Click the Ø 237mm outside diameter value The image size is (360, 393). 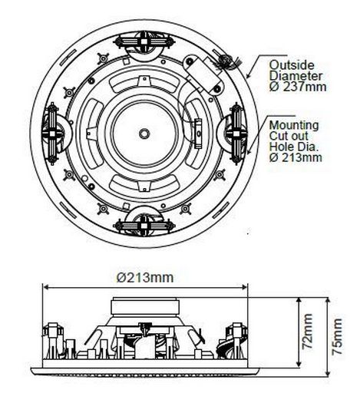(x=298, y=87)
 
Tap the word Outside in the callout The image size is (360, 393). (x=292, y=64)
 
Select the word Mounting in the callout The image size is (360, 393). (x=294, y=126)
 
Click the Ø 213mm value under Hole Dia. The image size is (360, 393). (x=296, y=157)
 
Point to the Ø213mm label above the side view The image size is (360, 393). (x=145, y=278)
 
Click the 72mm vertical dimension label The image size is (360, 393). (x=307, y=332)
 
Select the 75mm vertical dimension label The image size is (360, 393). (x=337, y=336)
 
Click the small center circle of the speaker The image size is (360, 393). (x=144, y=134)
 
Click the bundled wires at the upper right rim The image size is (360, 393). (x=226, y=61)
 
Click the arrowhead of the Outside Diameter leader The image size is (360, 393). (x=247, y=75)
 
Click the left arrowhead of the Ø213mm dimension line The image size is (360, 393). (x=45, y=287)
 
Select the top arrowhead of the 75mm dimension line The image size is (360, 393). (x=328, y=300)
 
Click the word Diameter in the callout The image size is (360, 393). (x=296, y=76)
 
